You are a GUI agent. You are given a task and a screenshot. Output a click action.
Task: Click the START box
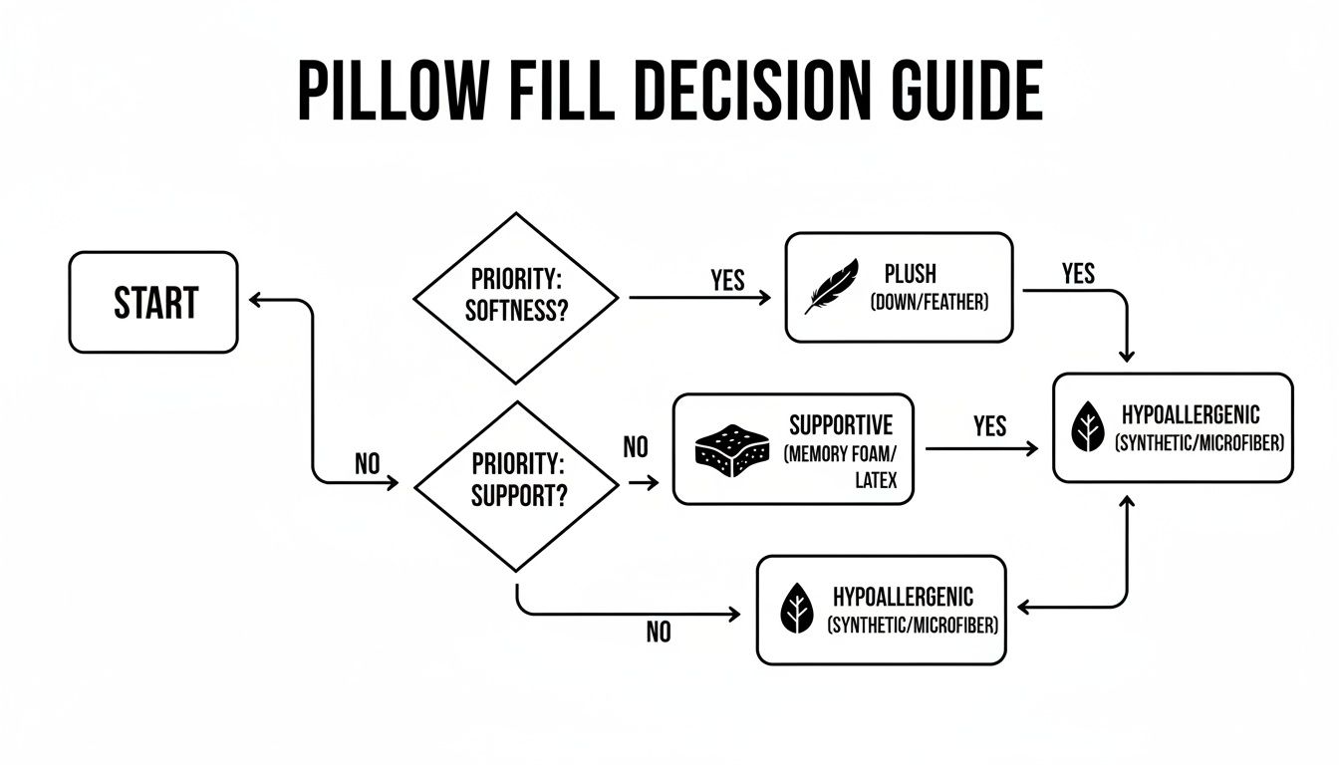pos(153,302)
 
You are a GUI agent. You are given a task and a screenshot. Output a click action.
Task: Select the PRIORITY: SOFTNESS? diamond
pos(515,297)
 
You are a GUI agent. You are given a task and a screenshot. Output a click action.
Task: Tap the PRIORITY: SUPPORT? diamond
pos(515,485)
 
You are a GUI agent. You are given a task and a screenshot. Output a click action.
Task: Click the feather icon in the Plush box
pos(833,287)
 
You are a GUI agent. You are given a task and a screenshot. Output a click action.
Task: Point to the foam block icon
pos(732,452)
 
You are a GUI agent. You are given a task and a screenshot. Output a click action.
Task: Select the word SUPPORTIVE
pos(840,425)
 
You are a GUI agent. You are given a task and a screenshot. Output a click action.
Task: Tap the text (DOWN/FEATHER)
pos(929,302)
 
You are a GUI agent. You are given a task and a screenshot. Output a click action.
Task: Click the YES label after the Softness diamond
pos(727,281)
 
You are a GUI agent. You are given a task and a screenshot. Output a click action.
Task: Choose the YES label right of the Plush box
pos(1078,273)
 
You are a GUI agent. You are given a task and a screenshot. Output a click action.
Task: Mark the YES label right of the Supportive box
pos(989,426)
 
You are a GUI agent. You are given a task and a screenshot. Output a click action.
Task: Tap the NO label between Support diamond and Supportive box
pos(636,447)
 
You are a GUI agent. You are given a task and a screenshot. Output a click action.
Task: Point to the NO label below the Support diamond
pos(658,633)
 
